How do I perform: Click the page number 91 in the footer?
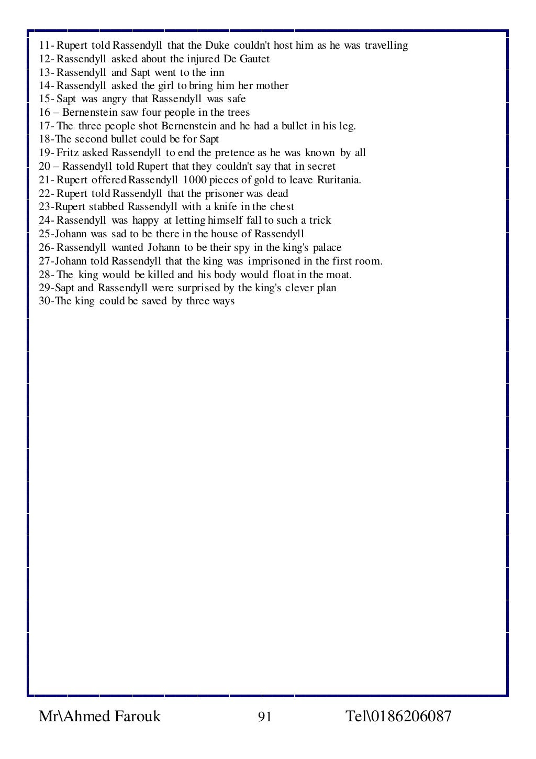pos(265,717)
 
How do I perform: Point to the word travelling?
pos(386,46)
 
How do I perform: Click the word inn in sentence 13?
pos(217,73)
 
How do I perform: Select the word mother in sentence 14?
pos(272,86)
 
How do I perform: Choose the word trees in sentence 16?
pos(239,113)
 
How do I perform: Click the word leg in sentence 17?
pos(348,126)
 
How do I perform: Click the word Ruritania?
pos(339,180)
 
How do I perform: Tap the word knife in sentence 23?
pos(225,207)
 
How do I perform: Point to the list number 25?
pos(44,234)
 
